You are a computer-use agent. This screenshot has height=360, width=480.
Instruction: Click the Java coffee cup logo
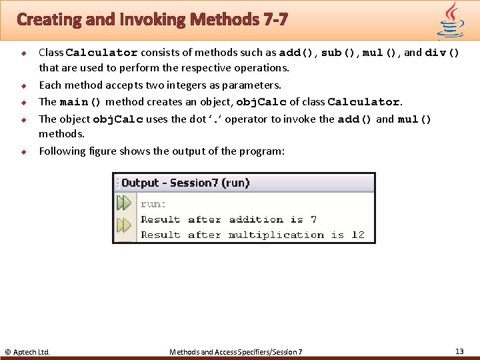pyautogui.click(x=451, y=20)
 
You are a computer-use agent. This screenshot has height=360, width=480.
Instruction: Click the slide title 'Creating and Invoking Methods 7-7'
pyautogui.click(x=152, y=19)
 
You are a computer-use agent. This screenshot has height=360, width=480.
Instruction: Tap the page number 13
pyautogui.click(x=459, y=351)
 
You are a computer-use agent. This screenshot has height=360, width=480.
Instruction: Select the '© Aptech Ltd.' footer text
pyautogui.click(x=27, y=351)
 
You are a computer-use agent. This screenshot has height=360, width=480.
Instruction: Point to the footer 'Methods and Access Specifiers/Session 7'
pyautogui.click(x=236, y=351)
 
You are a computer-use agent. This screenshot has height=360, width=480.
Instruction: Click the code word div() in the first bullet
pyautogui.click(x=442, y=53)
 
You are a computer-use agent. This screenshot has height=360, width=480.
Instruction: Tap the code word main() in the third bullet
pyautogui.click(x=81, y=102)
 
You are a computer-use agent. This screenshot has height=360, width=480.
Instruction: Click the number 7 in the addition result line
pyautogui.click(x=313, y=219)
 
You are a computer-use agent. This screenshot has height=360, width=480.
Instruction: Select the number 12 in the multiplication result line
pyautogui.click(x=358, y=235)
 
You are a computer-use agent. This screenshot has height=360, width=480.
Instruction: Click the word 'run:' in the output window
pyautogui.click(x=153, y=204)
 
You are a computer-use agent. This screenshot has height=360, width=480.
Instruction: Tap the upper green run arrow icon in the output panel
pyautogui.click(x=124, y=203)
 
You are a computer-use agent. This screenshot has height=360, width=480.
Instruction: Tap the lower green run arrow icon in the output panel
pyautogui.click(x=124, y=225)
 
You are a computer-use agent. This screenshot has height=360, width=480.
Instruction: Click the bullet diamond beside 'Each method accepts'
pyautogui.click(x=23, y=85)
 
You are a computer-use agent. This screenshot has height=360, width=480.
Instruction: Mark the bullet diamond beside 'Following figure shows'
pyautogui.click(x=23, y=151)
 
